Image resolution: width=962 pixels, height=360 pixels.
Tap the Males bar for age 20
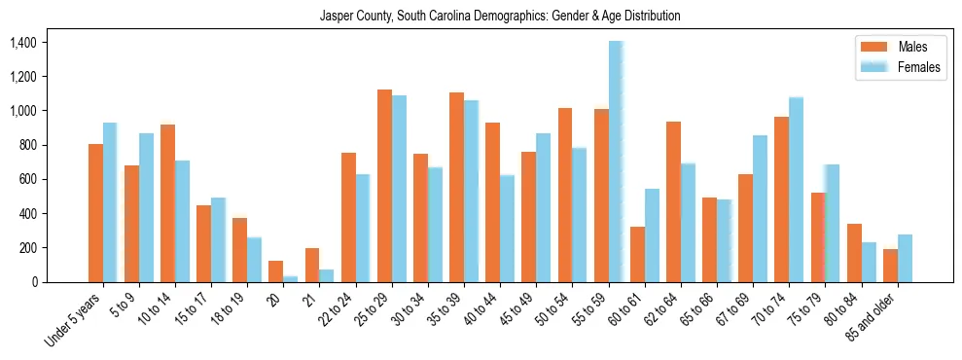tap(275, 271)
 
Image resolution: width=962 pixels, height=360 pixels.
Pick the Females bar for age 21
tap(327, 275)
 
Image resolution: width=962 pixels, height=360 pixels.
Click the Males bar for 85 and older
tap(890, 266)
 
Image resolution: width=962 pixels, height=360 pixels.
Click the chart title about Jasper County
tap(500, 17)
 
